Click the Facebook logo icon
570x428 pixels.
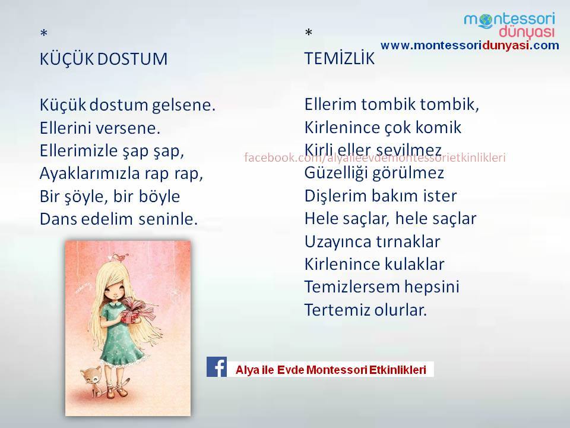tap(217, 367)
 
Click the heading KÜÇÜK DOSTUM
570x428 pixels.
tap(103, 58)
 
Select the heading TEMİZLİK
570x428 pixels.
tap(340, 58)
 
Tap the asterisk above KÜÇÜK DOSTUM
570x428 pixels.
tap(43, 34)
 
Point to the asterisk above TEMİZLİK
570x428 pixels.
tap(309, 33)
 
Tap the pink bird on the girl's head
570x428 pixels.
tap(120, 257)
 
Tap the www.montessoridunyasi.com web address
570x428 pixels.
tap(470, 46)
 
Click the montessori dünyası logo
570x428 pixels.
tap(509, 25)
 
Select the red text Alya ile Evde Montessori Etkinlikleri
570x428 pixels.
tap(331, 370)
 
